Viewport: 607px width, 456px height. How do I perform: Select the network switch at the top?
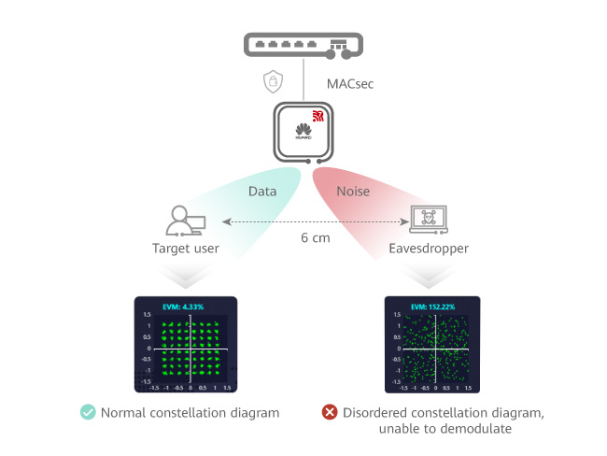303,44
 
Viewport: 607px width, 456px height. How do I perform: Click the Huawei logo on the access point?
303,131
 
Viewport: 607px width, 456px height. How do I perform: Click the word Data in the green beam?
261,192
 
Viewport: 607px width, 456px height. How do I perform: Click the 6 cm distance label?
315,238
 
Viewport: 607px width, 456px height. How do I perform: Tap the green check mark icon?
87,410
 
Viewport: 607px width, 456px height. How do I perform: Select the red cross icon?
329,410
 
